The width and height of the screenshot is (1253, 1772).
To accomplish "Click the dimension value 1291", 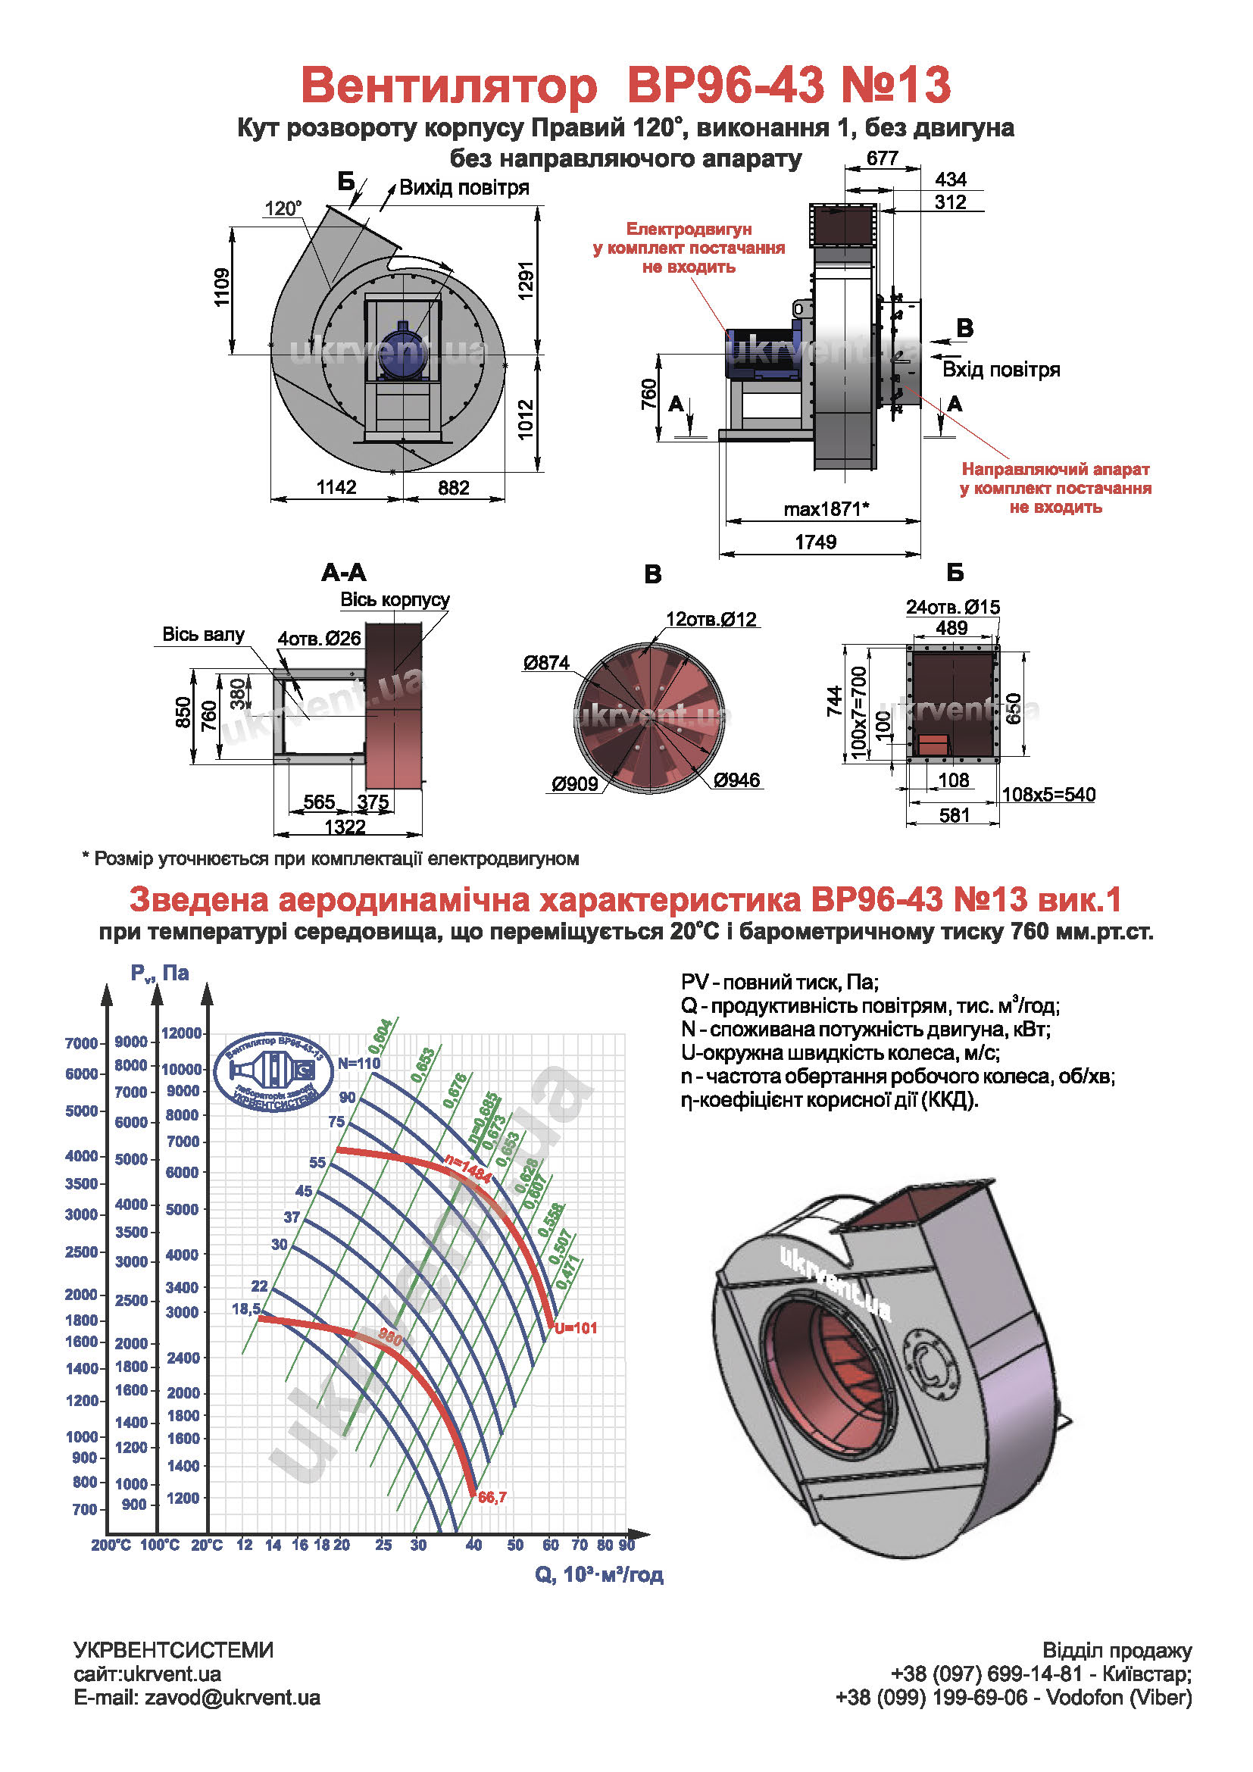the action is (x=526, y=282).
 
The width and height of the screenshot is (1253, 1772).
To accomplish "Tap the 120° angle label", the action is (x=283, y=208).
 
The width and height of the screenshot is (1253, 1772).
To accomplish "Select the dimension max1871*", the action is (x=826, y=508).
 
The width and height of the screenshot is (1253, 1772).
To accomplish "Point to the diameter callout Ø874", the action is (x=546, y=662).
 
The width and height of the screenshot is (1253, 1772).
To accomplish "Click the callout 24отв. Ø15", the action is (x=953, y=607).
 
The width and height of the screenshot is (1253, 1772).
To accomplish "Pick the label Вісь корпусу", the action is (x=395, y=600).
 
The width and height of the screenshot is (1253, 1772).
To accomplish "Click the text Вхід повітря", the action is (x=1001, y=370).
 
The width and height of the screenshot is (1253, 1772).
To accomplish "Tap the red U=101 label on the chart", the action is (x=576, y=1327).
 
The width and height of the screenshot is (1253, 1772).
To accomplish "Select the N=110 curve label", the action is (x=359, y=1063).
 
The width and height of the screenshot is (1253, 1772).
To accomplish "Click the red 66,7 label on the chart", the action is (x=492, y=1497).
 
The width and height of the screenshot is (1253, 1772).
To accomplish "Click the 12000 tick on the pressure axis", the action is (x=181, y=1033).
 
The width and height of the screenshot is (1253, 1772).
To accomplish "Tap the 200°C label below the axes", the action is (x=111, y=1545).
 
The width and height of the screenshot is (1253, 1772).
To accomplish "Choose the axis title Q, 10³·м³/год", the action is (x=598, y=1574).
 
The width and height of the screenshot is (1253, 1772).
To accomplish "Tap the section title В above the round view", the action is (x=653, y=573).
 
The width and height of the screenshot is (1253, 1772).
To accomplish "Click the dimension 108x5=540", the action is (x=1048, y=794).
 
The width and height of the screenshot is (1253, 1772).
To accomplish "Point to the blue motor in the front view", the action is (x=403, y=349).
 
